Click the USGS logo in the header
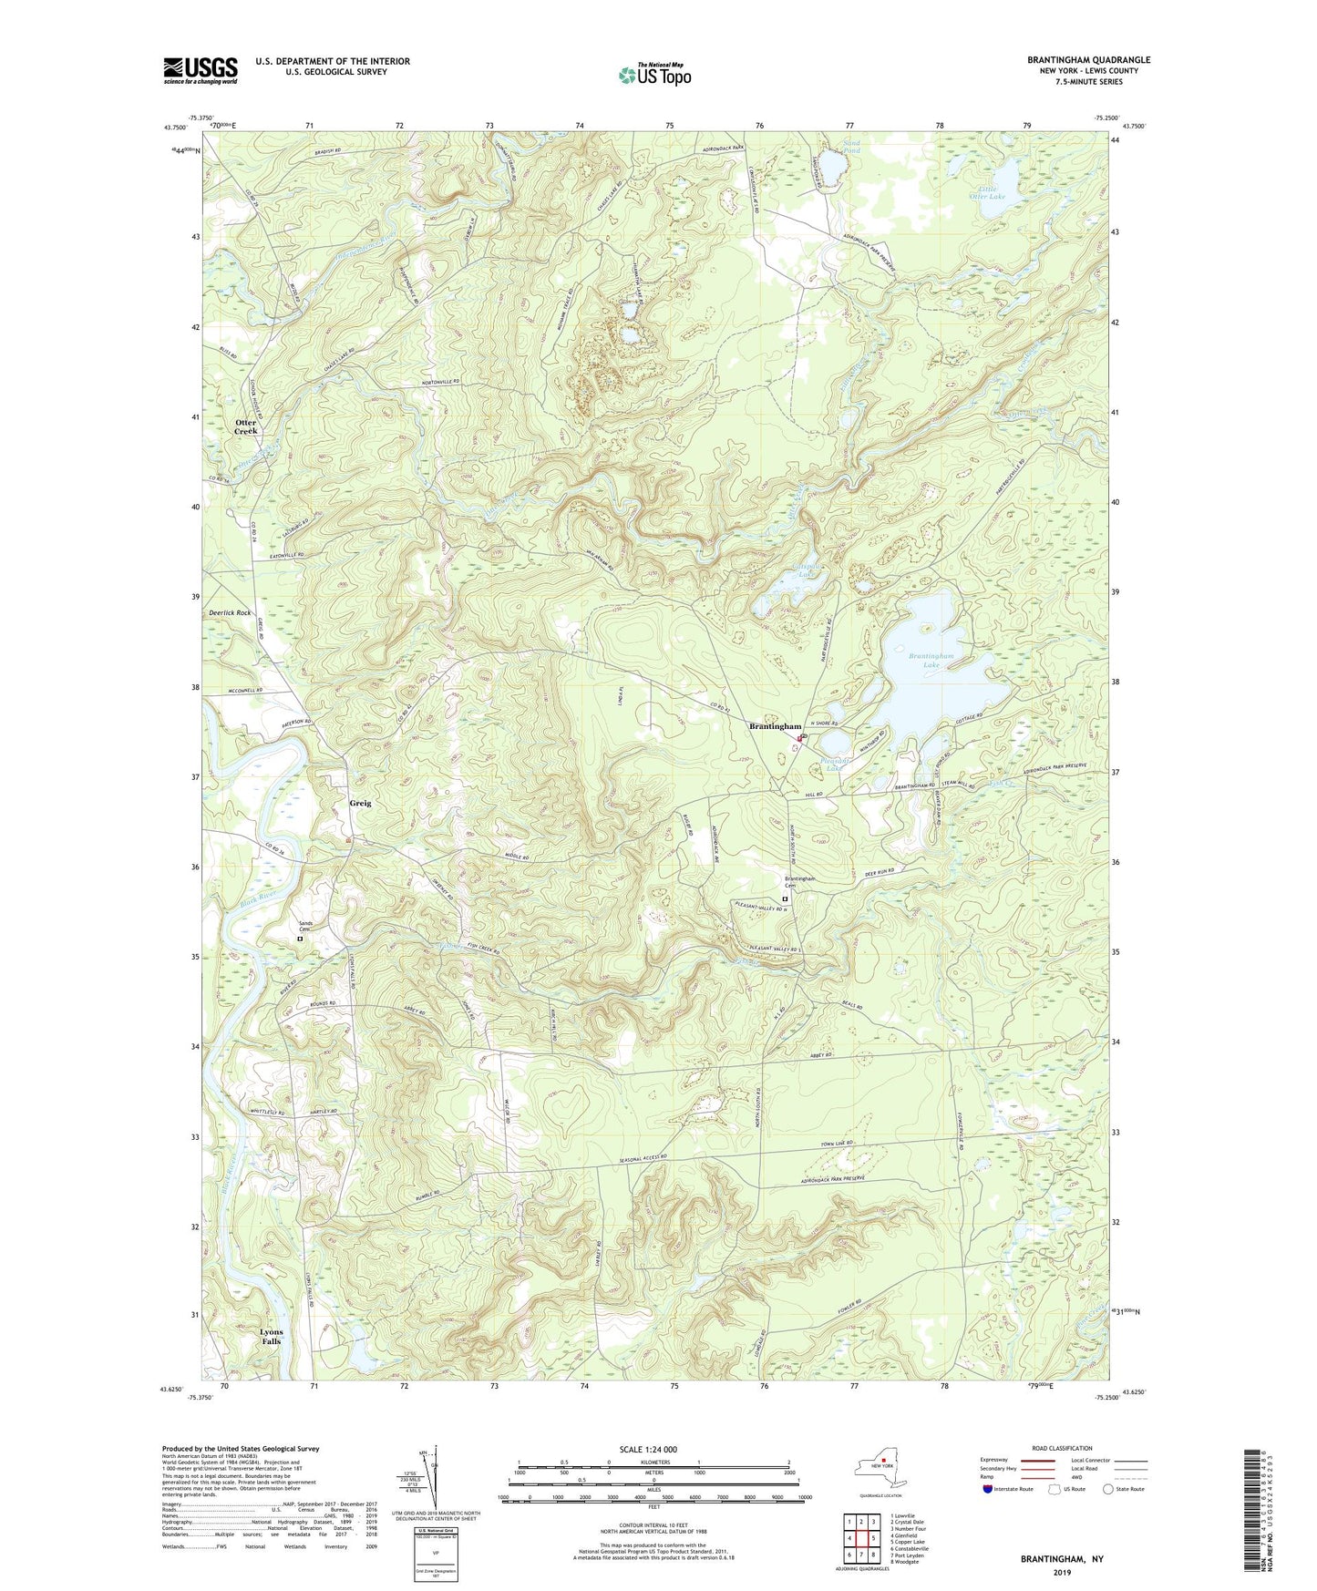(201, 70)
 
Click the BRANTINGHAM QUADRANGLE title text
(1088, 60)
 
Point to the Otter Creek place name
(246, 426)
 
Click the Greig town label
(360, 803)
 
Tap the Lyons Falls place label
(271, 1337)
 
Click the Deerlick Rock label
(229, 613)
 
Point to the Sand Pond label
(851, 146)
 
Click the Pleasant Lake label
(833, 764)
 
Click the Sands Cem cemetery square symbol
(300, 937)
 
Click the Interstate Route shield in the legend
(988, 1489)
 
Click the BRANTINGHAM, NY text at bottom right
(1062, 1559)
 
